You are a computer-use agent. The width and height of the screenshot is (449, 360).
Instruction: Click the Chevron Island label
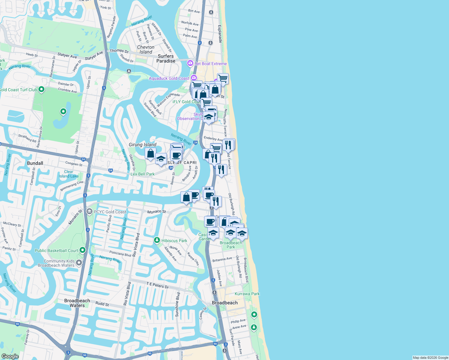(146, 49)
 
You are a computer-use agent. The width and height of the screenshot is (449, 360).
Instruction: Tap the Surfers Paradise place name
(166, 58)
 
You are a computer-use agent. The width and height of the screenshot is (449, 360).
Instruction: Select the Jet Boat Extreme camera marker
(190, 63)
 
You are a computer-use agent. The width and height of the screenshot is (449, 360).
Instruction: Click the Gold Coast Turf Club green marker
(41, 89)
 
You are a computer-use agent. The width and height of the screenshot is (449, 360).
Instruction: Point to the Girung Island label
(143, 145)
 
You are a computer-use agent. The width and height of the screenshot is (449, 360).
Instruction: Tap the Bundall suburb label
(35, 163)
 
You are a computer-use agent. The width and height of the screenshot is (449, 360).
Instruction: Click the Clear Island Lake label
(69, 174)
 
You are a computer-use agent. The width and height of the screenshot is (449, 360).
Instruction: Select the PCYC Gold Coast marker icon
(89, 211)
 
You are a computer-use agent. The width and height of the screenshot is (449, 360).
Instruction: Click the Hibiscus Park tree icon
(157, 240)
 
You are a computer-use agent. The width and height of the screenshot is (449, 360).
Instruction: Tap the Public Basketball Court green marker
(83, 250)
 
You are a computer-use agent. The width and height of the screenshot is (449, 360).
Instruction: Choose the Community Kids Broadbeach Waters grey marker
(79, 263)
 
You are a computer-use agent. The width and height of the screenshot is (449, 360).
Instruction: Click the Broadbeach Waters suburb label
(77, 303)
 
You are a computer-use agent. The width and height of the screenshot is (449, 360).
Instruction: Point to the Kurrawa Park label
(247, 294)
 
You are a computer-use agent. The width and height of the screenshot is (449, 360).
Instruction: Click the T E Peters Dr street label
(158, 285)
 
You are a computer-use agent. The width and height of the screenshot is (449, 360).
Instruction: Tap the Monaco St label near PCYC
(156, 212)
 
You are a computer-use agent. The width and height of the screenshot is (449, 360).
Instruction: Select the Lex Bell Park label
(143, 174)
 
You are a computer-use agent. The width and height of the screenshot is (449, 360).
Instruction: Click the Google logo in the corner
(10, 356)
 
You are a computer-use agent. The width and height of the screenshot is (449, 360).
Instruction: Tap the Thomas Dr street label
(119, 51)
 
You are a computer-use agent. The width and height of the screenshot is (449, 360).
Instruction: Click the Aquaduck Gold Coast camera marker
(194, 78)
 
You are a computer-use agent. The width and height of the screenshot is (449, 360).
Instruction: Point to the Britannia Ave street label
(222, 259)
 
